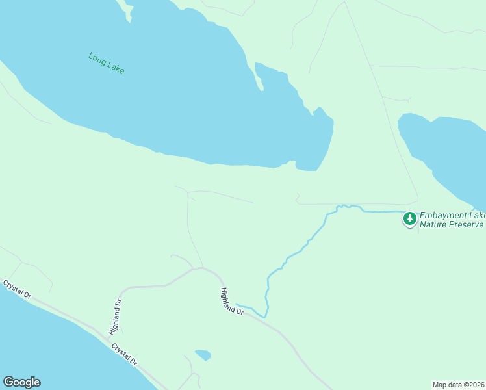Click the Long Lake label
[x=107, y=63]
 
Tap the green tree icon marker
[x=409, y=219]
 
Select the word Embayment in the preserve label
[x=444, y=215]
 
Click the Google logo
[x=21, y=382]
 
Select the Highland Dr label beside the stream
[x=231, y=302]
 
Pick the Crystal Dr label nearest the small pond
[x=123, y=354]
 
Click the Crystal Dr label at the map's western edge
[x=16, y=289]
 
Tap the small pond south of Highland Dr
[x=203, y=355]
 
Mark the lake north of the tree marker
[x=448, y=153]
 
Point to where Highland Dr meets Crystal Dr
[x=108, y=335]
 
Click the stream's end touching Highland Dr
[x=238, y=304]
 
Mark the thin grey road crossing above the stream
[x=357, y=204]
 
